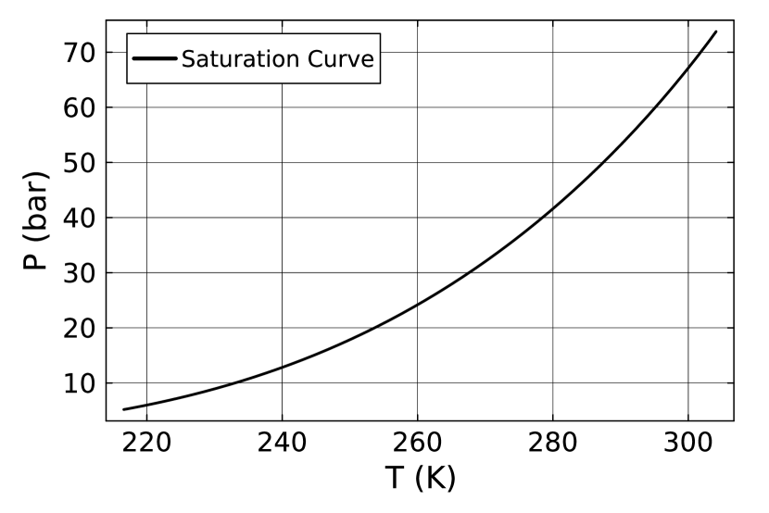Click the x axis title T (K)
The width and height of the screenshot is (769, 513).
(421, 480)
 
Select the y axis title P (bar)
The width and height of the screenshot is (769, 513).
(35, 220)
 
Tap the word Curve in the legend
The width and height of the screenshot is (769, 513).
(340, 59)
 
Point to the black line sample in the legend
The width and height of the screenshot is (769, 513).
(155, 58)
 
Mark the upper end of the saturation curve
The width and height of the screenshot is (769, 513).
(716, 31)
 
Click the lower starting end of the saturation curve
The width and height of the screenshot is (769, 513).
(124, 409)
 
